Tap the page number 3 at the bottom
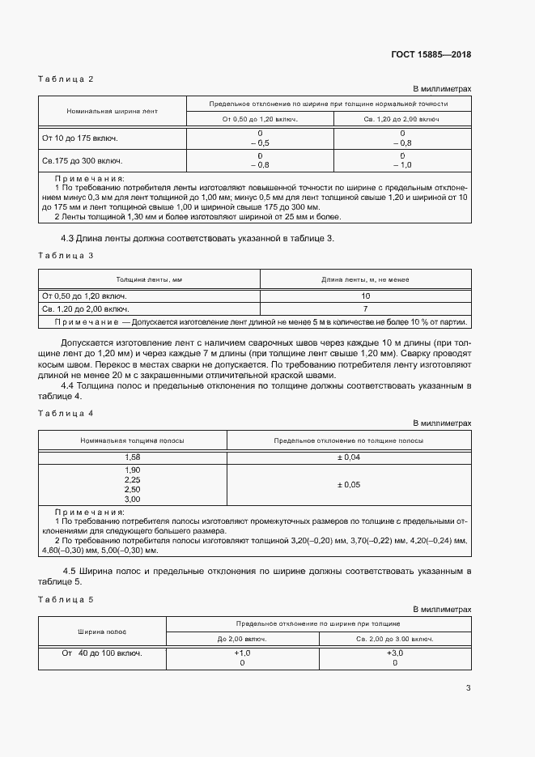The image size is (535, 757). [x=468, y=689]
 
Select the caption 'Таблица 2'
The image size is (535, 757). [x=66, y=79]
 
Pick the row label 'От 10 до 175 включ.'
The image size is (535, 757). [x=76, y=138]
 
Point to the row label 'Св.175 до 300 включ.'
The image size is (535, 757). [x=77, y=160]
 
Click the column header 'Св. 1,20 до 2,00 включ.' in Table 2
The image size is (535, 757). [x=401, y=119]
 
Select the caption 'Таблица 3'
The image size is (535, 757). [x=66, y=255]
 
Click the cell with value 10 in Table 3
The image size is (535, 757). [x=365, y=296]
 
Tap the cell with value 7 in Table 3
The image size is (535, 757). [x=365, y=309]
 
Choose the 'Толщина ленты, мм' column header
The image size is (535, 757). [x=149, y=279]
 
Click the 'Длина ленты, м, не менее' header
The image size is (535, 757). [x=365, y=279]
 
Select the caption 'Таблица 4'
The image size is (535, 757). [x=66, y=413]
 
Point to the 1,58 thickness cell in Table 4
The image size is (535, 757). [x=132, y=457]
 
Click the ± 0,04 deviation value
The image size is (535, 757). [x=349, y=457]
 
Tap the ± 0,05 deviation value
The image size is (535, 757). [x=349, y=485]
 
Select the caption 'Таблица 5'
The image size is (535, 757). [x=66, y=598]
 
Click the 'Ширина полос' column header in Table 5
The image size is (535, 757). [x=102, y=631]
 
